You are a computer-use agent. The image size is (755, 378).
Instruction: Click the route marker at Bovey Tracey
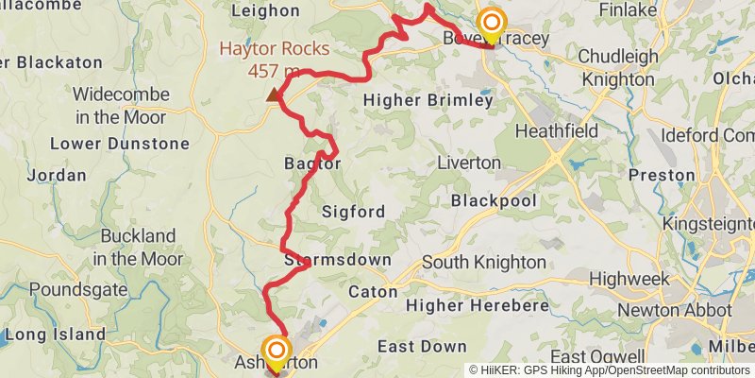(x=492, y=23)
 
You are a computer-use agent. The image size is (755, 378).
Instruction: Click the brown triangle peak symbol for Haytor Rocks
(x=274, y=94)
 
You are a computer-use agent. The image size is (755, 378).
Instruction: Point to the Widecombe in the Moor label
(x=121, y=106)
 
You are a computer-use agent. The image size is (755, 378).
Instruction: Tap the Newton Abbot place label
(x=675, y=310)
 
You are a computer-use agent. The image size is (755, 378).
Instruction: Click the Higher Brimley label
(x=428, y=100)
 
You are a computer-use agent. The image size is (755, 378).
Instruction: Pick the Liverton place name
(x=469, y=163)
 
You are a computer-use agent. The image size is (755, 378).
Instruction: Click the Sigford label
(x=353, y=212)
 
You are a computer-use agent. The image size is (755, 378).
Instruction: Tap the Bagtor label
(x=312, y=163)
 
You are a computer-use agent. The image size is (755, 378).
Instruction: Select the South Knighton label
(x=483, y=262)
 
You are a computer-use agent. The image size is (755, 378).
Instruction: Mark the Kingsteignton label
(x=710, y=224)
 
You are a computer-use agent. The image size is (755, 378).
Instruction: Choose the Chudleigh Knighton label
(x=618, y=68)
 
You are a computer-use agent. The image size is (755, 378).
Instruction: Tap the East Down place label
(x=422, y=347)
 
